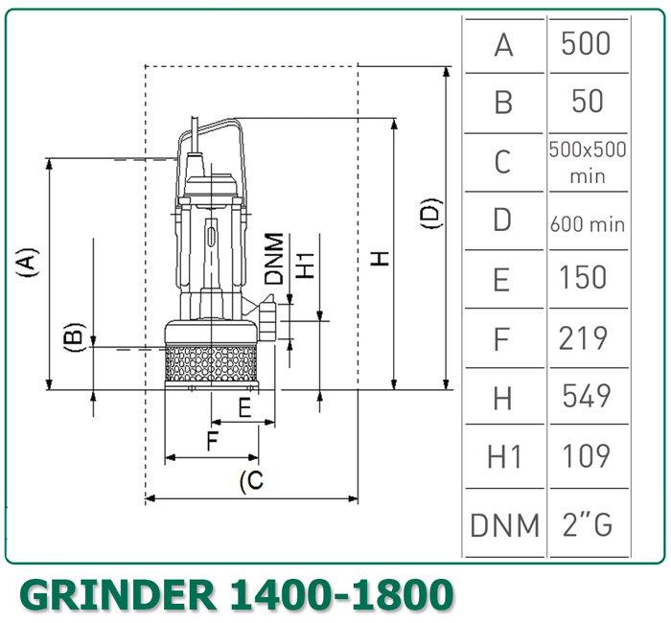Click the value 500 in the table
[586, 44]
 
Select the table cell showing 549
[586, 396]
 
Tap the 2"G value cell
[586, 524]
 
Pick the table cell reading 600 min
[587, 223]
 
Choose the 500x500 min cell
[587, 162]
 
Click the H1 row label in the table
[503, 457]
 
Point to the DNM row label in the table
[503, 524]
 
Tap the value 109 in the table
[586, 455]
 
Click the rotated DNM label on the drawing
[275, 258]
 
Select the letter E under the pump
[245, 407]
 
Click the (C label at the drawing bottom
[250, 481]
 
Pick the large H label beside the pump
[381, 258]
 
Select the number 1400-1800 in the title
[340, 596]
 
